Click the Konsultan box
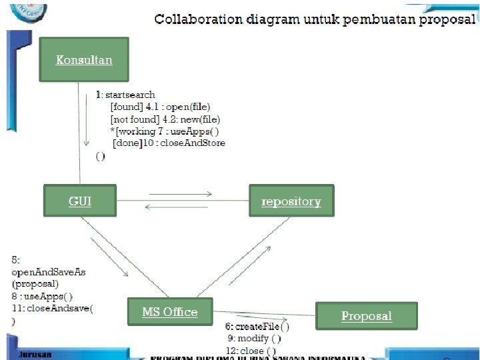[x=84, y=60]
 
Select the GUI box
[x=80, y=201]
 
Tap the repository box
[x=291, y=201]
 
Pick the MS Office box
[x=170, y=312]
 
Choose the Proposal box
[x=366, y=316]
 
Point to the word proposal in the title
[x=447, y=19]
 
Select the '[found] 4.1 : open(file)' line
[x=160, y=107]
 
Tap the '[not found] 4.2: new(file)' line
[x=165, y=119]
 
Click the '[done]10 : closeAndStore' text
[x=169, y=143]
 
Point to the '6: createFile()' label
[x=257, y=327]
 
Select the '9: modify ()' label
[x=255, y=339]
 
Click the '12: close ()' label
[x=251, y=351]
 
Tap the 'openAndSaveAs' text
[x=49, y=272]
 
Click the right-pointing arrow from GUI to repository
[x=180, y=195]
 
